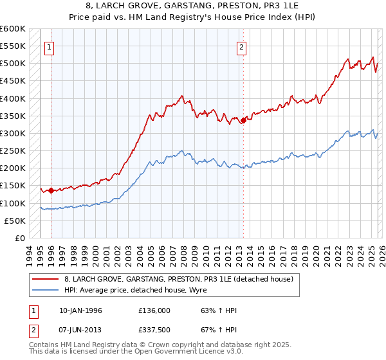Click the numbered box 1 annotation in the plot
coord(50,46)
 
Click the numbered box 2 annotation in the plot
coord(241,46)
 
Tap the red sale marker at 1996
coord(51,190)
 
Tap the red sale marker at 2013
coord(243,120)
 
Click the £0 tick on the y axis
coord(19,238)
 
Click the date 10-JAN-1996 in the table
coord(80,310)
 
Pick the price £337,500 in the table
coord(155,331)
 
